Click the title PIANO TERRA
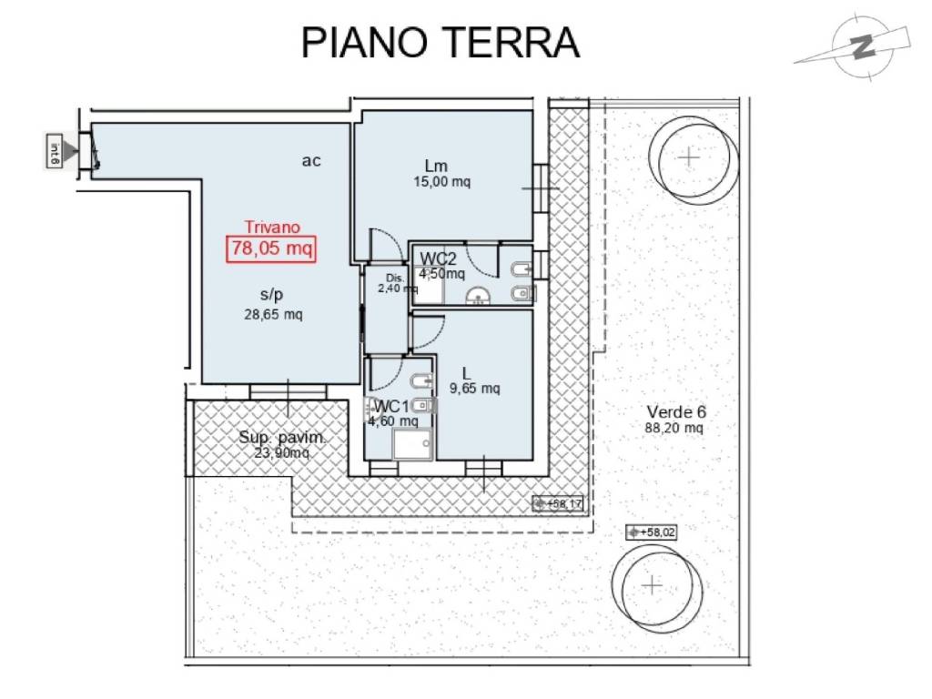tap(441, 42)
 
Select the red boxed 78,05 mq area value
tap(271, 248)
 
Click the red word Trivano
tap(272, 228)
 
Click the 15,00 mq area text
tap(441, 181)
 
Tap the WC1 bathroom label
tap(391, 406)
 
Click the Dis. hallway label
tap(393, 279)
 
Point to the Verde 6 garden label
tap(675, 411)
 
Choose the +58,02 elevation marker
tap(652, 532)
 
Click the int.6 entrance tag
tap(55, 151)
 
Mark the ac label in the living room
tap(311, 161)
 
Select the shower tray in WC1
tap(412, 445)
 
